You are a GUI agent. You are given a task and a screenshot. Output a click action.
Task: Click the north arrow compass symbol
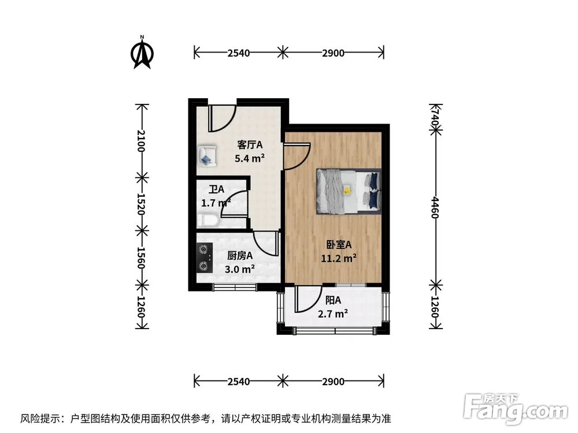click(142, 53)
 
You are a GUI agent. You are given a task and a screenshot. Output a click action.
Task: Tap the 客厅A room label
click(250, 144)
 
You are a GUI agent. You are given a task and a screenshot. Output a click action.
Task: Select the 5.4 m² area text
click(250, 157)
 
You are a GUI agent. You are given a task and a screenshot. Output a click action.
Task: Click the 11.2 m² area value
click(338, 258)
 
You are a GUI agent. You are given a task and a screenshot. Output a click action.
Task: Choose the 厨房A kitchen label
click(240, 256)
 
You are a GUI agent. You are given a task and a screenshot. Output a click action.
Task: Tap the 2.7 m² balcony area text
click(333, 313)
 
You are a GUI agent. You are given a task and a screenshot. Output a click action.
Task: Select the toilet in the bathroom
click(208, 221)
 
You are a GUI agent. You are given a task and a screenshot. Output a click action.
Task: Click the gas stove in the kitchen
click(203, 258)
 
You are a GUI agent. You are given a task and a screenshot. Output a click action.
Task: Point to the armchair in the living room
click(207, 155)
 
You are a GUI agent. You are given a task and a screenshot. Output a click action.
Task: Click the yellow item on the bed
click(347, 189)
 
